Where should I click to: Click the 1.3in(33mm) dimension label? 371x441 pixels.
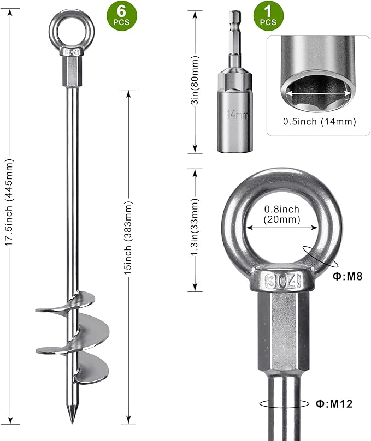click(x=195, y=230)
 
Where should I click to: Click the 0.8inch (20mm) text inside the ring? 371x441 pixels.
click(x=281, y=214)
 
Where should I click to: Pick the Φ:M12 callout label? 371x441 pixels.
click(x=333, y=404)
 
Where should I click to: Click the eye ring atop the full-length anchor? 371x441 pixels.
click(x=72, y=27)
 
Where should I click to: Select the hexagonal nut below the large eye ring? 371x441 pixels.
click(x=283, y=327)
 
